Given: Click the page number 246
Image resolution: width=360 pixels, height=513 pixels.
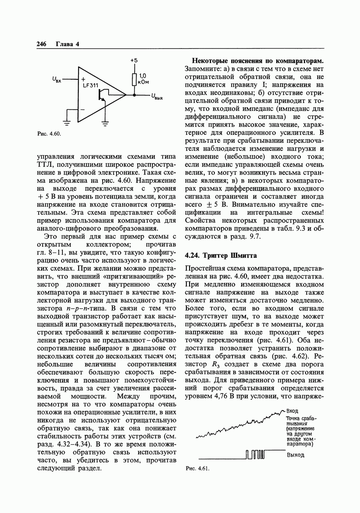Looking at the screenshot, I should click(x=41, y=44).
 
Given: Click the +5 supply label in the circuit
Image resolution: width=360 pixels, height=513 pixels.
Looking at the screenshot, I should click(x=134, y=60).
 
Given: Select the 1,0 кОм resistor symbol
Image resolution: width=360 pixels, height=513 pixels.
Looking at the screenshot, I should click(x=134, y=79).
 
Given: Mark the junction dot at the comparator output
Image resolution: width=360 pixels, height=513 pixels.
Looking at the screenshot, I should click(x=134, y=95).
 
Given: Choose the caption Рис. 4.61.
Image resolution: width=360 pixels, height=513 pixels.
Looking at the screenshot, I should click(x=197, y=469).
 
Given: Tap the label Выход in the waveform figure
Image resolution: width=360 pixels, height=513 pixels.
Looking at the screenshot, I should click(x=296, y=455).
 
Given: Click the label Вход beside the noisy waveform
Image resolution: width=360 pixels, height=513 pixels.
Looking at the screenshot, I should click(x=292, y=411).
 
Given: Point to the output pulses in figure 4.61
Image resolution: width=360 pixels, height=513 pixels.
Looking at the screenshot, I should click(x=256, y=455).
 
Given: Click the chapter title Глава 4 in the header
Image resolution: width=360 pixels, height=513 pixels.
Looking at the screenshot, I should click(x=67, y=44).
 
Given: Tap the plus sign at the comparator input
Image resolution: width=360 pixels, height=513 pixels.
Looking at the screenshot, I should click(x=83, y=79).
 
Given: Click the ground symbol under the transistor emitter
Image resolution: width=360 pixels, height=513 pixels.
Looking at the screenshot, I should click(x=105, y=124).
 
